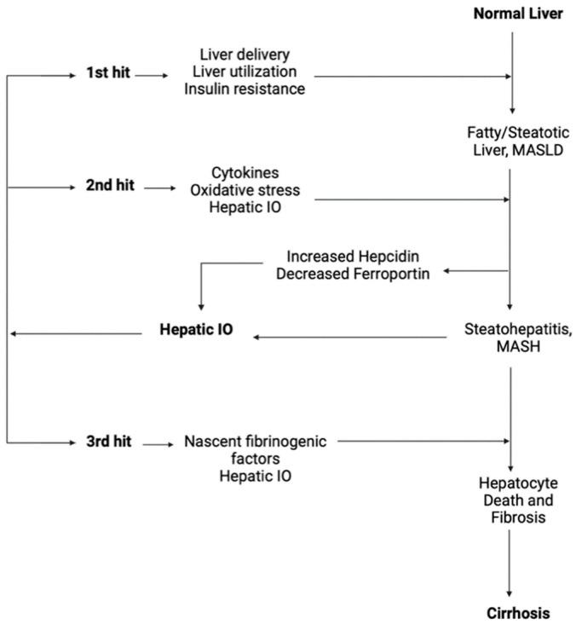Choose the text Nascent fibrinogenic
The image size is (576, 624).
(x=261, y=442)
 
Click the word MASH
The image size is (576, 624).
(x=510, y=344)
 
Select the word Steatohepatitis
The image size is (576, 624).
(x=510, y=328)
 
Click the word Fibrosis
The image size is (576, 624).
(x=510, y=517)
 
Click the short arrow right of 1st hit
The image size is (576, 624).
(x=151, y=76)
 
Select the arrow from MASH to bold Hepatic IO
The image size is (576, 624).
(x=349, y=338)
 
